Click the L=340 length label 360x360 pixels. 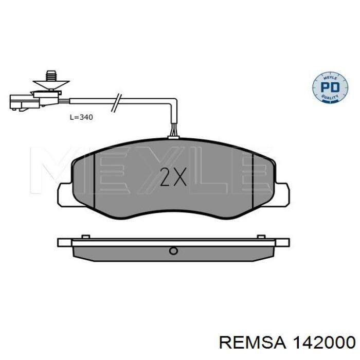pyautogui.click(x=81, y=117)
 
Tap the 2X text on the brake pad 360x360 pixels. pyautogui.click(x=173, y=177)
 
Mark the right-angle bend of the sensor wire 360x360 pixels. pyautogui.click(x=174, y=104)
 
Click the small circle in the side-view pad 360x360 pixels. pyautogui.click(x=173, y=251)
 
